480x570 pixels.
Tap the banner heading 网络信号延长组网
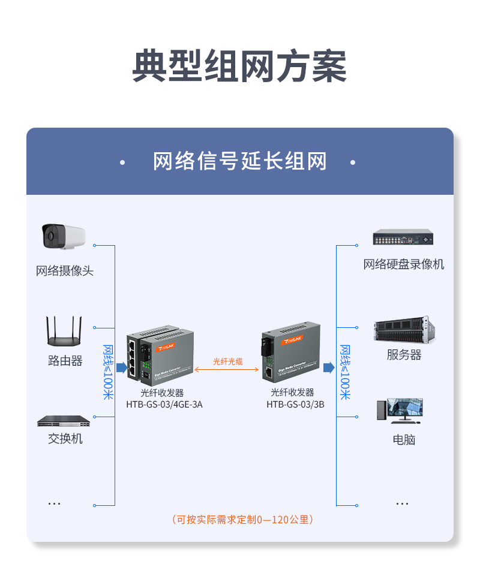coord(239,162)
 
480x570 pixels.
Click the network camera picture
coord(63,237)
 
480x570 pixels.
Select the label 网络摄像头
coord(65,271)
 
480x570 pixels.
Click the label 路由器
coord(65,361)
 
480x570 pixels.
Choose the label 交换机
coord(65,439)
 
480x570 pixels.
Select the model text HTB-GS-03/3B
coord(296,405)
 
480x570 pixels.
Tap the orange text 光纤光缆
coord(228,361)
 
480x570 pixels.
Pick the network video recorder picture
coord(403,237)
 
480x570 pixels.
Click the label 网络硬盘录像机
coord(404,264)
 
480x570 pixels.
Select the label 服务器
coord(404,355)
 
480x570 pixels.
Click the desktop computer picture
coord(400,410)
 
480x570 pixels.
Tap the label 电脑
coord(404,439)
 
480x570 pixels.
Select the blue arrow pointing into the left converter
coord(121,367)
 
